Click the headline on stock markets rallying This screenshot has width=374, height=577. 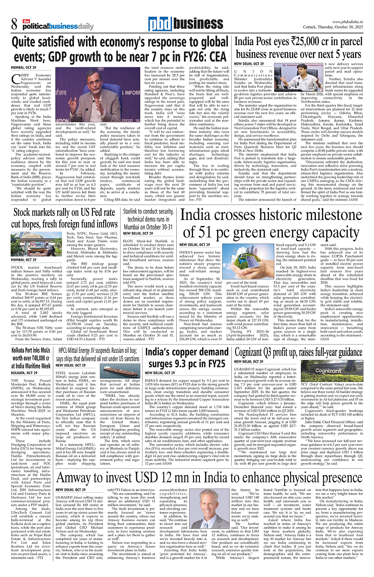[x=64, y=218]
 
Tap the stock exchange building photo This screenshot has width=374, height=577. [x=37, y=243]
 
